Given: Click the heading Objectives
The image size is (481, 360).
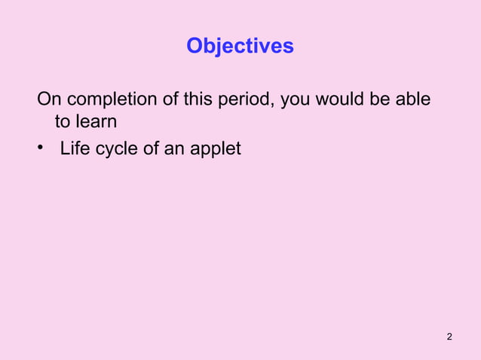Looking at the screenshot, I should (x=240, y=47).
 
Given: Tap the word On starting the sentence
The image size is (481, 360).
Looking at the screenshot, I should (x=49, y=99).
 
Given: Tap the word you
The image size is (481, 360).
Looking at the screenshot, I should (x=296, y=99).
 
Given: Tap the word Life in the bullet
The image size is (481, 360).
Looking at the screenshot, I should (x=75, y=148).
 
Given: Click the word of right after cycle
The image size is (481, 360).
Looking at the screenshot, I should (x=153, y=148).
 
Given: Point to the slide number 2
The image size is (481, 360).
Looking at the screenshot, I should (x=449, y=336).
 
